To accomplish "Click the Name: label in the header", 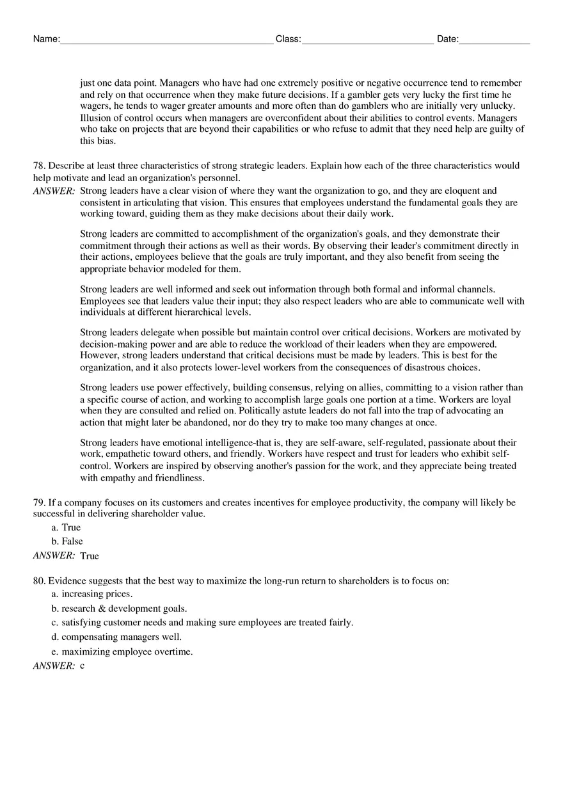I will coord(46,39).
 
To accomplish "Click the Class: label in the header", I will coord(288,39).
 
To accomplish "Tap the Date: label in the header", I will coord(447,39).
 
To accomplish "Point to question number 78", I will coord(39,166).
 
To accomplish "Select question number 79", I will coord(39,503).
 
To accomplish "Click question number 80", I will coord(39,581).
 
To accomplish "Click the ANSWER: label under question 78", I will coord(54,191).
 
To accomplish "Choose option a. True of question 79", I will coord(66,528).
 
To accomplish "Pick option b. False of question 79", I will coord(67,541).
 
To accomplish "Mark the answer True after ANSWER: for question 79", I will coord(90,556).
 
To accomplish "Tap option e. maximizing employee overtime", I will coord(122,652).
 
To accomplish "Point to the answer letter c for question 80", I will coord(83,666).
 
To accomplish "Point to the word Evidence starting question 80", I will coord(67,581).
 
